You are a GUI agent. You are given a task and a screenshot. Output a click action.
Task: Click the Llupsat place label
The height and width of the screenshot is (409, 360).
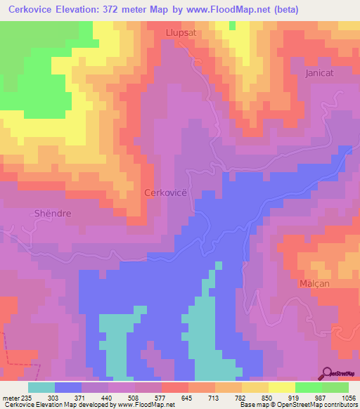click(181, 32)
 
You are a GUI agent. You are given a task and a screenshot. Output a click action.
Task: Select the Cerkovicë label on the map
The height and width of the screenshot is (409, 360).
click(165, 192)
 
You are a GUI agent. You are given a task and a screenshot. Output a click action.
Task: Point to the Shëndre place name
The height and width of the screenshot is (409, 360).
click(53, 212)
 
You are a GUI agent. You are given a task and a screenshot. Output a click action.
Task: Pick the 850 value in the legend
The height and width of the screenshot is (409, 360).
click(266, 396)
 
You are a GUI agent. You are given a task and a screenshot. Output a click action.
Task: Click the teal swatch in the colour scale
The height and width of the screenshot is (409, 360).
click(41, 387)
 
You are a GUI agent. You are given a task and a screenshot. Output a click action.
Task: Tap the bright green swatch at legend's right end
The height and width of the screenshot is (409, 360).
click(335, 387)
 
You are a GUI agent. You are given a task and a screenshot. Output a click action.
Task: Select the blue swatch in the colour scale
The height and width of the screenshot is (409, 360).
click(67, 387)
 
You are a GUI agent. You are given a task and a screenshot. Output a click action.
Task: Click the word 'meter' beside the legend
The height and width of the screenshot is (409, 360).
click(8, 396)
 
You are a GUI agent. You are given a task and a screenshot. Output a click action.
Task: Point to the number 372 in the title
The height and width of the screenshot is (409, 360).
click(117, 10)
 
